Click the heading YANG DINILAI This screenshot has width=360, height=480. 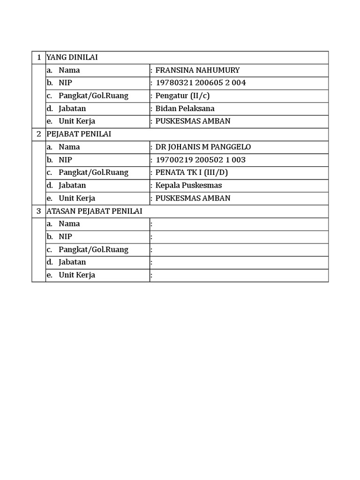point(75,57)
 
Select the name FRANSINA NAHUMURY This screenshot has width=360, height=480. point(197,70)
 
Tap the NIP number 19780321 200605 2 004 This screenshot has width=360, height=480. point(201,83)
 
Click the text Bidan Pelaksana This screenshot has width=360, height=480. point(185,108)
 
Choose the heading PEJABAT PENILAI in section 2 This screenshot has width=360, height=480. point(79,134)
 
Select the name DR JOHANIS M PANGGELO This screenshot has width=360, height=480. point(203,147)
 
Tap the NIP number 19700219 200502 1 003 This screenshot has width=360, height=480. point(201,160)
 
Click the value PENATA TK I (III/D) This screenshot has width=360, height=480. point(192,172)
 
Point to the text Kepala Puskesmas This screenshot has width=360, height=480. point(188,185)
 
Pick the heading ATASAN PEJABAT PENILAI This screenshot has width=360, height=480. point(94,211)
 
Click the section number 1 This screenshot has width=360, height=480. point(38,57)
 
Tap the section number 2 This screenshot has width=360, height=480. point(38,134)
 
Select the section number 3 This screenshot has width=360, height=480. point(38,211)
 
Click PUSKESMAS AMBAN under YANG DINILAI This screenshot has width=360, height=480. point(193,121)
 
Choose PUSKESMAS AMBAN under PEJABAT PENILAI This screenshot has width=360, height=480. point(193,198)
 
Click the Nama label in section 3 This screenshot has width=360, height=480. point(69,224)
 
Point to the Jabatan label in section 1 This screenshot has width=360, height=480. point(72,108)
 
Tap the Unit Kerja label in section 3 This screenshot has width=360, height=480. point(77,275)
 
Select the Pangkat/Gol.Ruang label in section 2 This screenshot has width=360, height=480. point(93,172)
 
